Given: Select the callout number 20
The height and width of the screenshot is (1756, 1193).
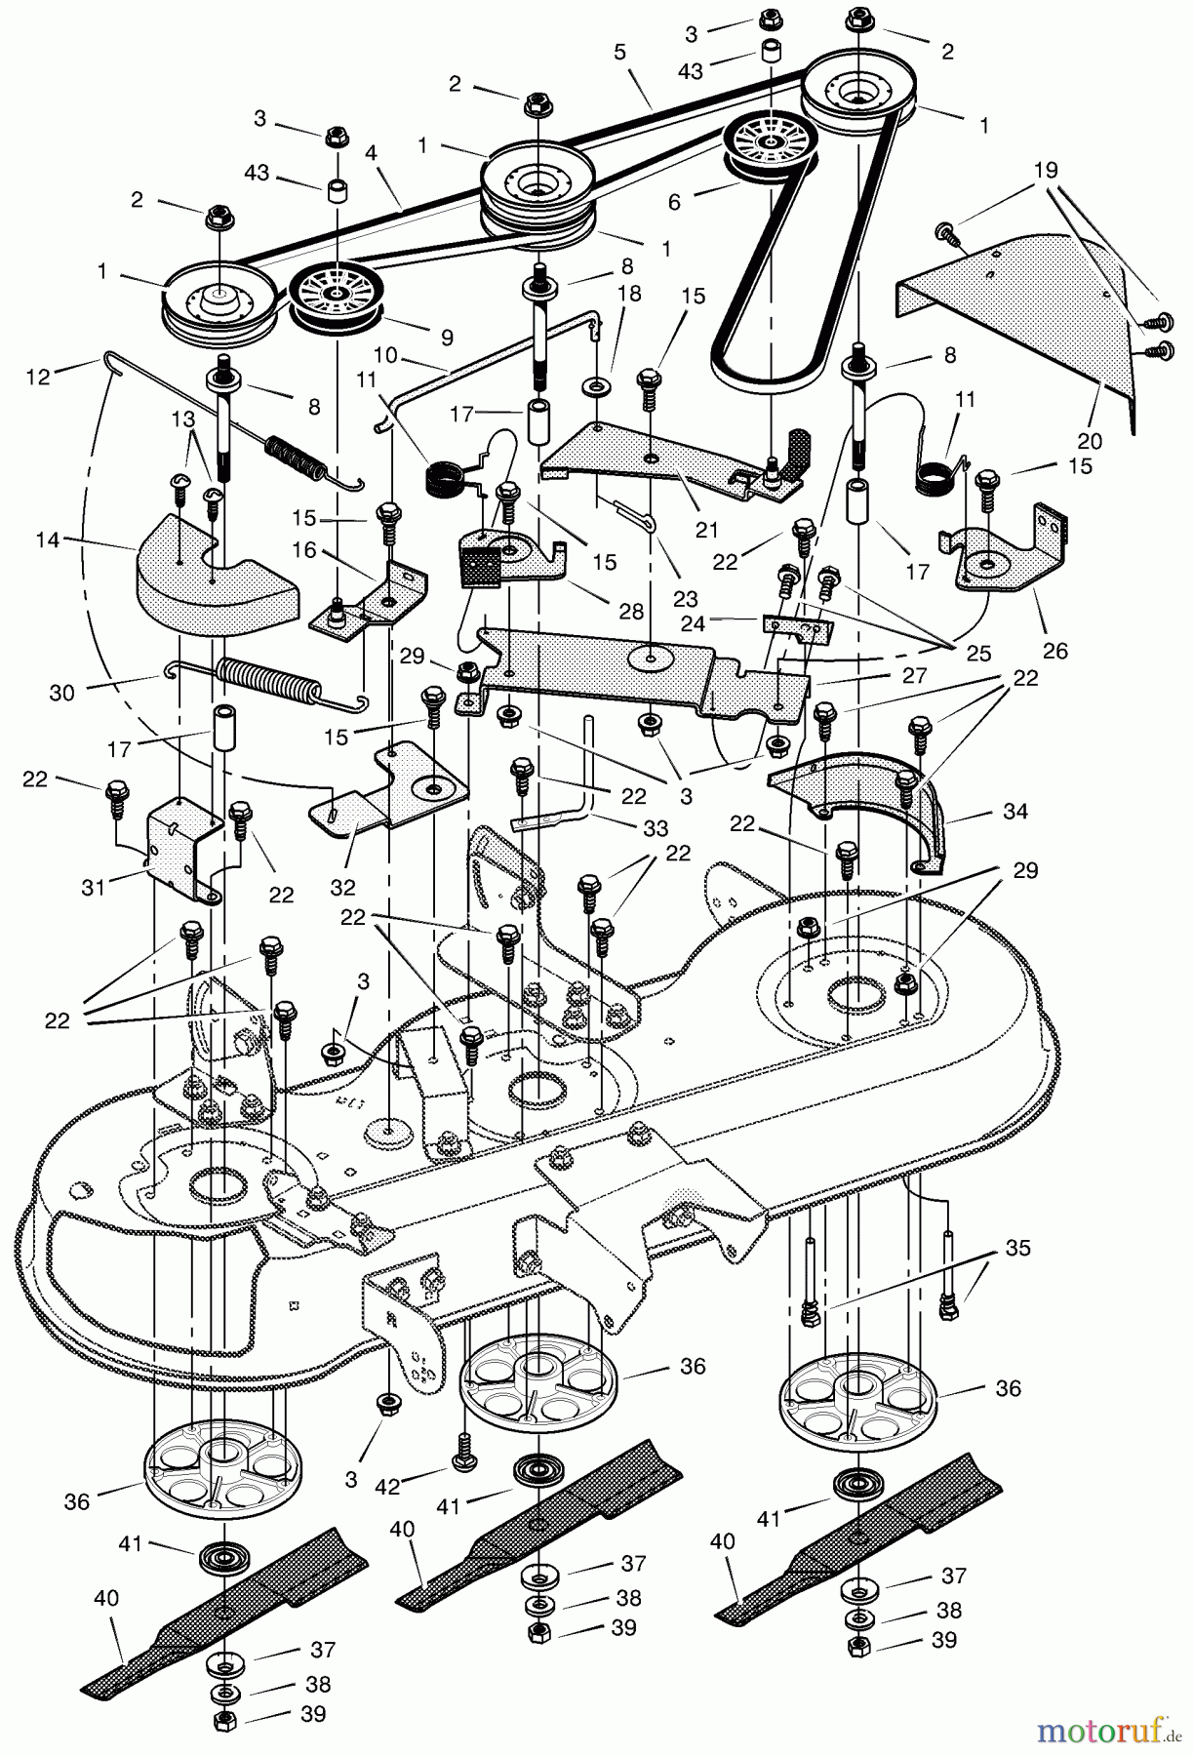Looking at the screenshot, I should click(x=1089, y=441).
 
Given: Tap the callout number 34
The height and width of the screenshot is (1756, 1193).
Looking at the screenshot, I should click(x=1014, y=810).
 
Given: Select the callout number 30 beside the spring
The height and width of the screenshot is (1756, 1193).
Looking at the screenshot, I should click(x=60, y=693).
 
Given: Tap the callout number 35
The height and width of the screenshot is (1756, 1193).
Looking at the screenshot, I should click(x=1017, y=1248).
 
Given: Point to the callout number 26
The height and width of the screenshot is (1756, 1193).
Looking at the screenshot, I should click(x=1055, y=651).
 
